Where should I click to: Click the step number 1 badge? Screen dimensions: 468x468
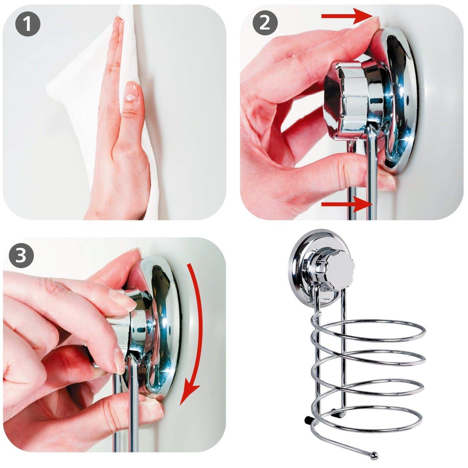(28, 24)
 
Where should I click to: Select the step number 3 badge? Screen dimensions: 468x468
(21, 256)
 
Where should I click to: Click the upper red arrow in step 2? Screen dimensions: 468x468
(347, 16)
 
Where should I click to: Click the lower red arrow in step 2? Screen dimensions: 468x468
(347, 204)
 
